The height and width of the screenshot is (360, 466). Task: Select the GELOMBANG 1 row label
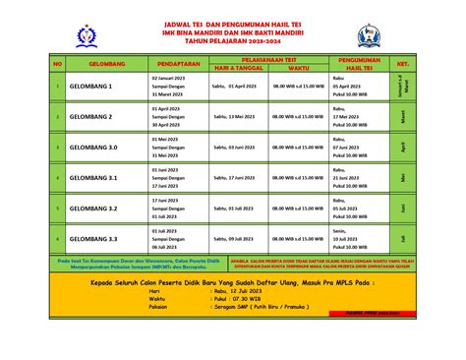(91, 87)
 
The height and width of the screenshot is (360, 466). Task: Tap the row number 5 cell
(57, 209)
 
